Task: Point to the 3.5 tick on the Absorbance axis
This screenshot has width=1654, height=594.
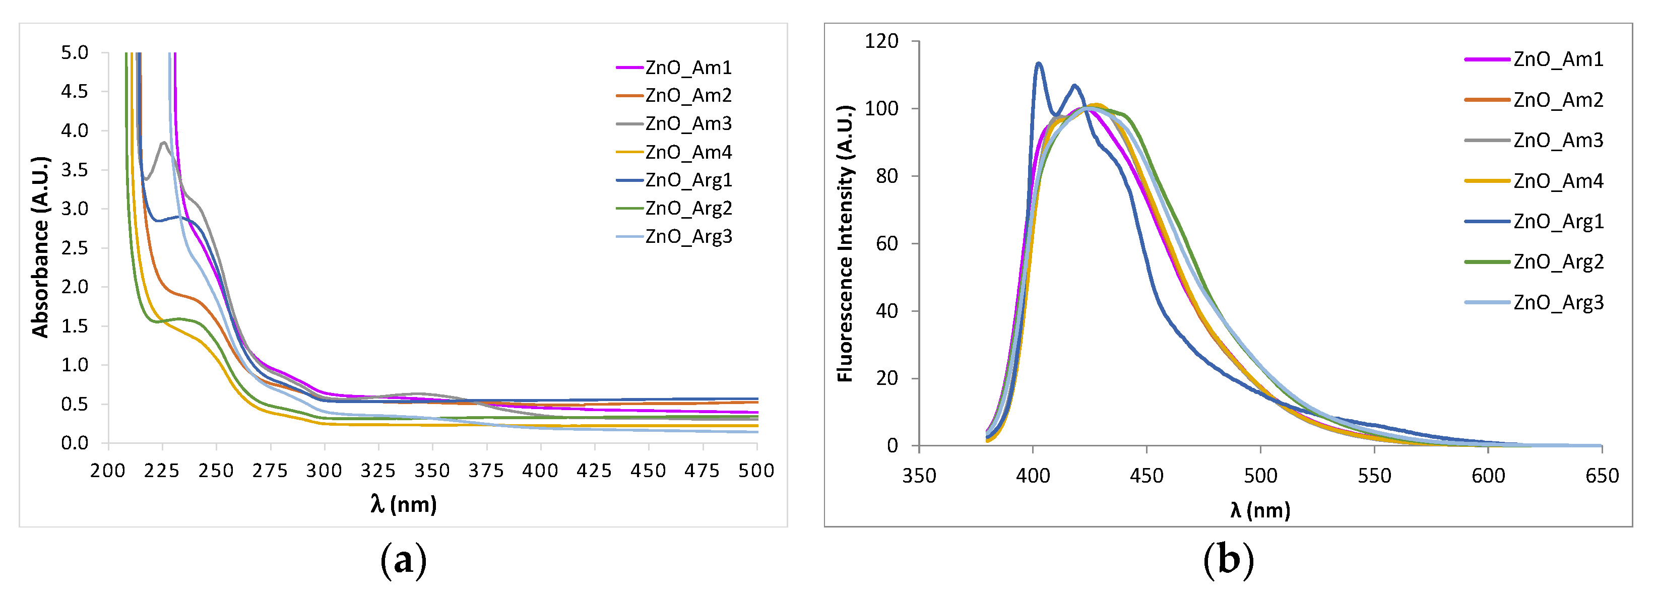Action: [75, 169]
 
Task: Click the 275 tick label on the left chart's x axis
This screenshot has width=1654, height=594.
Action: [270, 471]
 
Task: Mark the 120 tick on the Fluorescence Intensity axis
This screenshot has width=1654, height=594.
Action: [881, 41]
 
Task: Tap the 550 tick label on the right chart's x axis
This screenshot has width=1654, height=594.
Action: [1374, 476]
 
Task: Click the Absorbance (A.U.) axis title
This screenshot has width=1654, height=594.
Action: [40, 246]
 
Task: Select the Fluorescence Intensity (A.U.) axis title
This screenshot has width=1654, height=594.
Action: [845, 243]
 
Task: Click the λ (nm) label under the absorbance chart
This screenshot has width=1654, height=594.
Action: [403, 504]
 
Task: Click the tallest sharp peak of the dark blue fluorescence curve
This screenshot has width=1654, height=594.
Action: [1038, 63]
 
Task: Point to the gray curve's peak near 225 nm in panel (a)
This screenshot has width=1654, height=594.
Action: [164, 143]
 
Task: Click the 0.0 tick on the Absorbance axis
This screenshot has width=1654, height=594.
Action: [75, 443]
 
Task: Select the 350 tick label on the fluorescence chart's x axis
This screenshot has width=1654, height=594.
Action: [919, 476]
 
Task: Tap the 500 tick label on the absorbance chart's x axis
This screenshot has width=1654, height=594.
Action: [756, 471]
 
